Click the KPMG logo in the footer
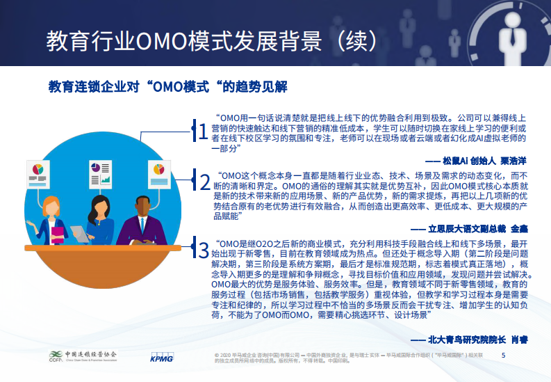pos(162,359)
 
